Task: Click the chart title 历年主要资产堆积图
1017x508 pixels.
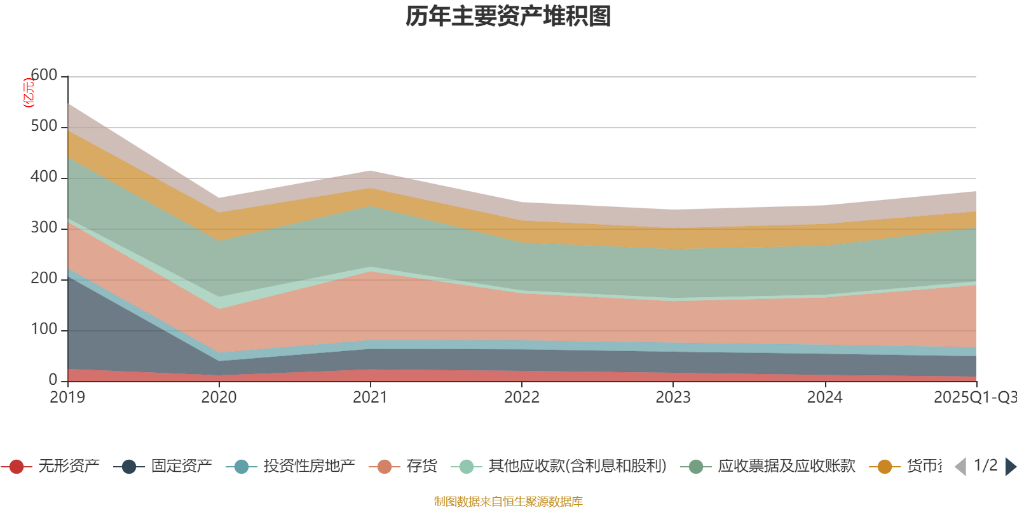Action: (508, 17)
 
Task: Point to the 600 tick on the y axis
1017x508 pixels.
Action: (44, 76)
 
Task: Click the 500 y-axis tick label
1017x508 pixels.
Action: (44, 126)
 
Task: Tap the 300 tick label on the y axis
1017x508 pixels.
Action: (44, 228)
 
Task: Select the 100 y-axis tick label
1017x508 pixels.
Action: (44, 330)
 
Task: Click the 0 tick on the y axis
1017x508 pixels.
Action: (53, 380)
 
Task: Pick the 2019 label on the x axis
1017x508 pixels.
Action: (67, 398)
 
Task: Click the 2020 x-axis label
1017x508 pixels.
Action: (219, 398)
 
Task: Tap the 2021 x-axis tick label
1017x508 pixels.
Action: (370, 398)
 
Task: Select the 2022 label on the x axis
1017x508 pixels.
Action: (521, 398)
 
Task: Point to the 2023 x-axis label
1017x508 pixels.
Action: (673, 398)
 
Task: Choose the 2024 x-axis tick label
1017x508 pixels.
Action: (824, 398)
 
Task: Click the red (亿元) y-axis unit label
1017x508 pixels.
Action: (28, 93)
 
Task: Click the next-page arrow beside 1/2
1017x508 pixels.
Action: (1010, 467)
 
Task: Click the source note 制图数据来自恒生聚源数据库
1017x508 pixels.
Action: (508, 502)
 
